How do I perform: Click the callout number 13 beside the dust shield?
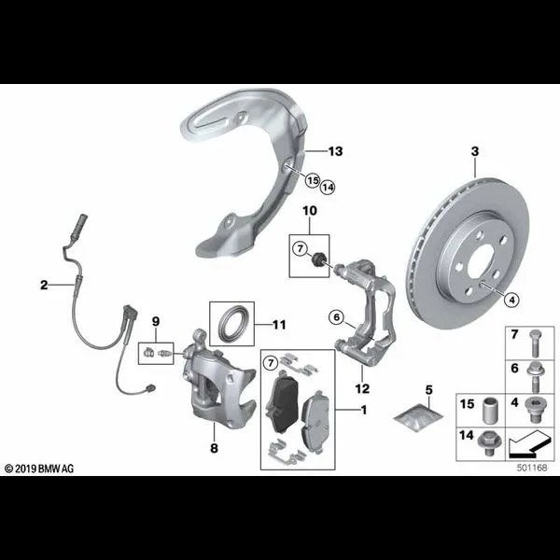(x=335, y=151)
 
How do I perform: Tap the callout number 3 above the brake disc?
(x=475, y=151)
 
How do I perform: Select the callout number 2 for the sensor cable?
(x=44, y=285)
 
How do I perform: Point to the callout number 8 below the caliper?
(x=214, y=448)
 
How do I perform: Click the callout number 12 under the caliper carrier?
(x=362, y=388)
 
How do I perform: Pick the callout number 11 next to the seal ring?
(x=279, y=325)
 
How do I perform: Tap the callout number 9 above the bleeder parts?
(x=156, y=321)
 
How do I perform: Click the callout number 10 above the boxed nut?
(x=310, y=211)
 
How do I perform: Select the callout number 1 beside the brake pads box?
(x=364, y=410)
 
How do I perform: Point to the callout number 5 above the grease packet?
(x=429, y=389)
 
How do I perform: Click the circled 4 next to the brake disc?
(x=512, y=300)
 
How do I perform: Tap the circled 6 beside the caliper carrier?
(x=337, y=316)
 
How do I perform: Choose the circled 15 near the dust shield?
(x=313, y=180)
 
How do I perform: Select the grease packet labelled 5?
(x=418, y=417)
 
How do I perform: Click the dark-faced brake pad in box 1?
(x=282, y=402)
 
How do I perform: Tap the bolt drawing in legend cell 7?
(x=534, y=343)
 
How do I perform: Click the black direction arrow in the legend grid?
(x=529, y=444)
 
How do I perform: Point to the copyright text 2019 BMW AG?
(x=39, y=469)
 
